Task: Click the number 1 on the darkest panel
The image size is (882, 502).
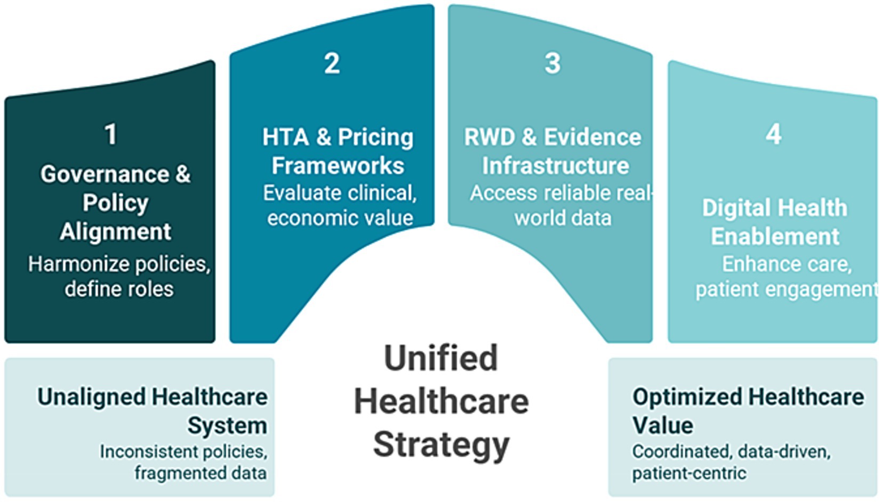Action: (x=111, y=134)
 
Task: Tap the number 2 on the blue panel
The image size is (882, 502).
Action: (x=332, y=63)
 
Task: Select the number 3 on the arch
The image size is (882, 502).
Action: (x=552, y=63)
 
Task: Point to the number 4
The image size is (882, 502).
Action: (x=773, y=134)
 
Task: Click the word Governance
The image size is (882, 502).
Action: (x=105, y=174)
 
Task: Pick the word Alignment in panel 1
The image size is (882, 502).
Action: (x=115, y=231)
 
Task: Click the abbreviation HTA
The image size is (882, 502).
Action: (x=285, y=137)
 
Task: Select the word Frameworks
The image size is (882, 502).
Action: (x=338, y=165)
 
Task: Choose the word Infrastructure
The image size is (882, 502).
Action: (x=556, y=165)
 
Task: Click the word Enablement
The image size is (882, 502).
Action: (x=775, y=237)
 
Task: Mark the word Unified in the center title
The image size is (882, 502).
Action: (x=441, y=358)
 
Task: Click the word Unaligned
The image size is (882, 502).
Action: (x=91, y=396)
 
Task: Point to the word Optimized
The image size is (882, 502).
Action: (x=687, y=396)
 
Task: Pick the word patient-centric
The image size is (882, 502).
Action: (x=689, y=473)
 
